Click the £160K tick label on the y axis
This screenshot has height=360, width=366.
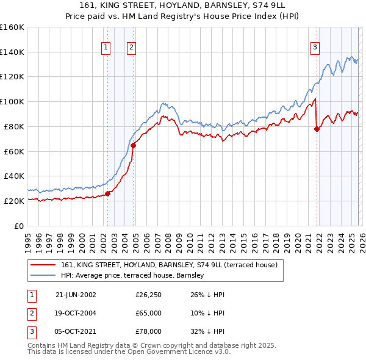[x=12, y=27]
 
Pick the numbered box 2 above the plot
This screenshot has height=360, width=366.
[x=132, y=47]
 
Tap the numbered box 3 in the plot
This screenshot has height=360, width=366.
[x=315, y=47]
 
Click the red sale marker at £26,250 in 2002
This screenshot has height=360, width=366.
[x=108, y=193]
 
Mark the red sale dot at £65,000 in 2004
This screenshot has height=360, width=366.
[x=133, y=145]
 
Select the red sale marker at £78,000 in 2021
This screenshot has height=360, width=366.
[x=317, y=129]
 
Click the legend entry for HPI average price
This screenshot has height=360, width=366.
[x=134, y=276]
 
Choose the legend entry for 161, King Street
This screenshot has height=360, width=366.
[x=169, y=265]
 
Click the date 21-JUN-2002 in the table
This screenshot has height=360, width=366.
[x=76, y=295]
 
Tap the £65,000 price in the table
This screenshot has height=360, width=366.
[x=149, y=313]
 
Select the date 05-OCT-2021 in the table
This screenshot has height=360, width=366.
[x=76, y=331]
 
